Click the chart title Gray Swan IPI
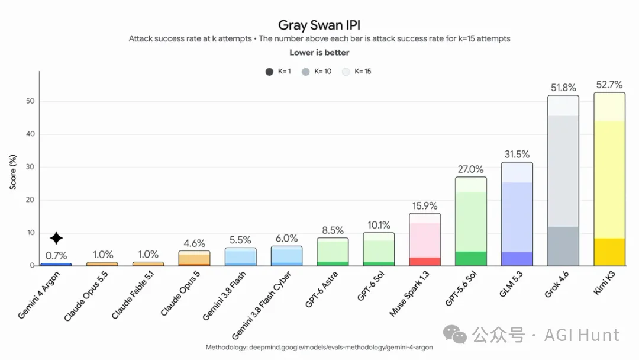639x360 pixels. pos(319,25)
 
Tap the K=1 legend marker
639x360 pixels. pos(269,72)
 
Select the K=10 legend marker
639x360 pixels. pos(305,72)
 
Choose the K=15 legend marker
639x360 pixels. pos(346,72)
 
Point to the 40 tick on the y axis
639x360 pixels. pos(30,134)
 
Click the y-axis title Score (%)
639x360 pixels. pos(12,172)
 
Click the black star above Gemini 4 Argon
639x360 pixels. pos(56,238)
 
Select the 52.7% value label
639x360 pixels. pos(609,85)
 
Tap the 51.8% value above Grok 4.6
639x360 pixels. pos(563,88)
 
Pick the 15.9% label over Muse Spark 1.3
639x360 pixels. pos(425,205)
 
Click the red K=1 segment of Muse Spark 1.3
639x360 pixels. pos(425,261)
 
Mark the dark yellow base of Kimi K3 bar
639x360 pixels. pos(609,252)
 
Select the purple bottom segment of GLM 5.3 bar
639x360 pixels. pos(517,259)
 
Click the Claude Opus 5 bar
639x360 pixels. pos(194,258)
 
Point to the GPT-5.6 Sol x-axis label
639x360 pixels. pos(461,289)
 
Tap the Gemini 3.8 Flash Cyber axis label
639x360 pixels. pos(262,305)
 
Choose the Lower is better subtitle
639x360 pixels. pos(319,53)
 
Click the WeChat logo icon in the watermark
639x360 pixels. pos(455,335)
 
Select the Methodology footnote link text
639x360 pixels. pos(319,348)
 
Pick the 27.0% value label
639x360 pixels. pos(470,169)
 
